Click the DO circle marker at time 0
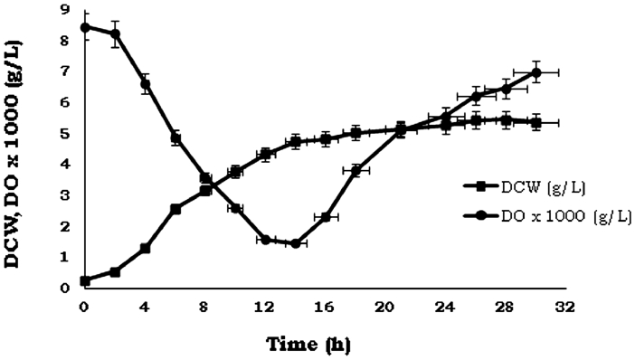(84, 27)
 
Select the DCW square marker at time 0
(84, 280)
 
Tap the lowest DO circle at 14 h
(295, 243)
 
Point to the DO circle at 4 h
(145, 84)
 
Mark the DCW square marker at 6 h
(175, 209)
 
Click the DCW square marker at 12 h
(266, 155)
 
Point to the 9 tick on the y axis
(64, 11)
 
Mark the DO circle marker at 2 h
(115, 34)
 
